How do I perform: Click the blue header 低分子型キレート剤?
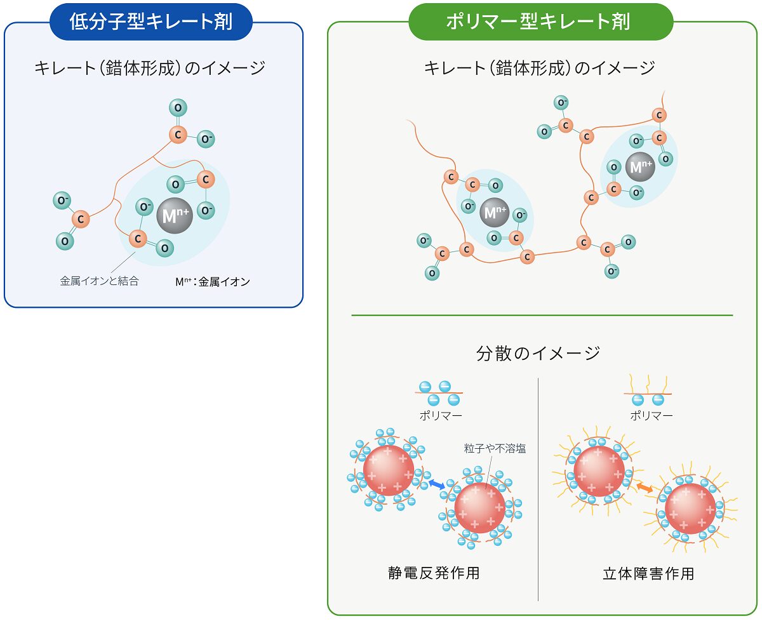click(x=151, y=22)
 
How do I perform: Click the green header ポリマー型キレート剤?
click(x=541, y=22)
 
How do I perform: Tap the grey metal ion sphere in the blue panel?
click(x=175, y=216)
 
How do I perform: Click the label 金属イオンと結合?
click(x=99, y=281)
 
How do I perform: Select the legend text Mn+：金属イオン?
click(x=213, y=282)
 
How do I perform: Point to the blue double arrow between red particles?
click(x=437, y=484)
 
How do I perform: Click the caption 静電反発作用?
click(x=434, y=573)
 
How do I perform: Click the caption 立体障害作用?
click(x=648, y=574)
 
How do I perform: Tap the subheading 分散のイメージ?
click(x=538, y=353)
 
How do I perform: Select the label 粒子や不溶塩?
click(x=495, y=449)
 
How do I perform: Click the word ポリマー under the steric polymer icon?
click(x=652, y=416)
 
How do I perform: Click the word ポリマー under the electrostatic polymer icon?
click(x=441, y=416)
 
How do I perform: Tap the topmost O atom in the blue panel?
click(x=178, y=108)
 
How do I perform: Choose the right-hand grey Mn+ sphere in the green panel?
click(x=640, y=166)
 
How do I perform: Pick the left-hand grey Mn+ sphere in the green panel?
click(x=494, y=212)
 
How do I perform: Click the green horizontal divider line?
click(x=542, y=315)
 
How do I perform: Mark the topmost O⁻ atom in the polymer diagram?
click(x=561, y=103)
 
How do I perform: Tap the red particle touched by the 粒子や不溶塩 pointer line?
click(x=479, y=508)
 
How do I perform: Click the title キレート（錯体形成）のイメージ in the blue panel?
click(x=150, y=68)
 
